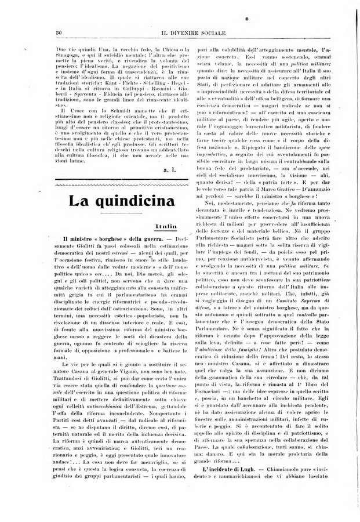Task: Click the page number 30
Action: coord(58,31)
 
